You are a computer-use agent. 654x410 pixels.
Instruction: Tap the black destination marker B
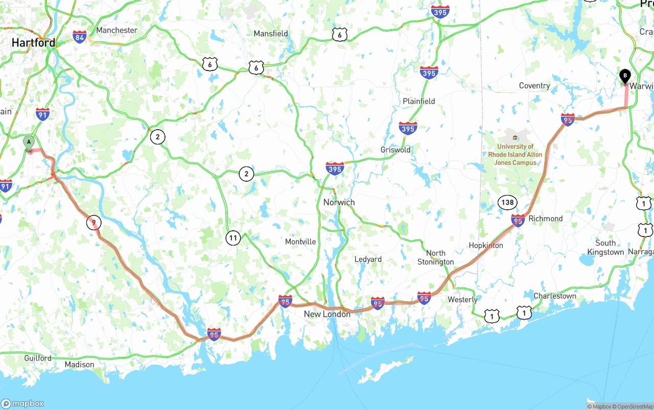pos(624,76)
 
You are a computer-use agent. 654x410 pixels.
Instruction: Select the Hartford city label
pos(33,43)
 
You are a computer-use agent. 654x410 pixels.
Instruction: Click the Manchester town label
pos(116,30)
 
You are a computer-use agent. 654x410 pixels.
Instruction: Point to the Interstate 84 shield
pos(79,37)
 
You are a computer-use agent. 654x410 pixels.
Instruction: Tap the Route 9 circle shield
pos(94,223)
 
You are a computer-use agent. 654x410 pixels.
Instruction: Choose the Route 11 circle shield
pos(233,237)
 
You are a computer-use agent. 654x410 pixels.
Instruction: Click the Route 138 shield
pos(507,202)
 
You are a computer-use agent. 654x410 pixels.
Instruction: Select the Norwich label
pos(339,202)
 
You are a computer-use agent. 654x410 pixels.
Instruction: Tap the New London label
pos(327,314)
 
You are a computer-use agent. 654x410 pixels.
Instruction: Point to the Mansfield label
pos(271,34)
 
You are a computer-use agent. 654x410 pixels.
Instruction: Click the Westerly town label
pos(462,300)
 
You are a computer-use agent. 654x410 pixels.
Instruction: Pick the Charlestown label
pos(554,296)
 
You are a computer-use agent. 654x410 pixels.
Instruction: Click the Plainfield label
pos(418,101)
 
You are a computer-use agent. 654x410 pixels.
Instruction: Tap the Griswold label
pos(395,150)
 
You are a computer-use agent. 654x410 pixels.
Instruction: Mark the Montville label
pos(300,242)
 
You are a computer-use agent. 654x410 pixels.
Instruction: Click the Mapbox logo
pos(22,403)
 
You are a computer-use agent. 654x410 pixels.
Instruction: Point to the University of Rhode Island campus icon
pos(515,137)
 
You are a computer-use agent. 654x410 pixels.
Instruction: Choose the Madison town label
pos(79,365)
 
